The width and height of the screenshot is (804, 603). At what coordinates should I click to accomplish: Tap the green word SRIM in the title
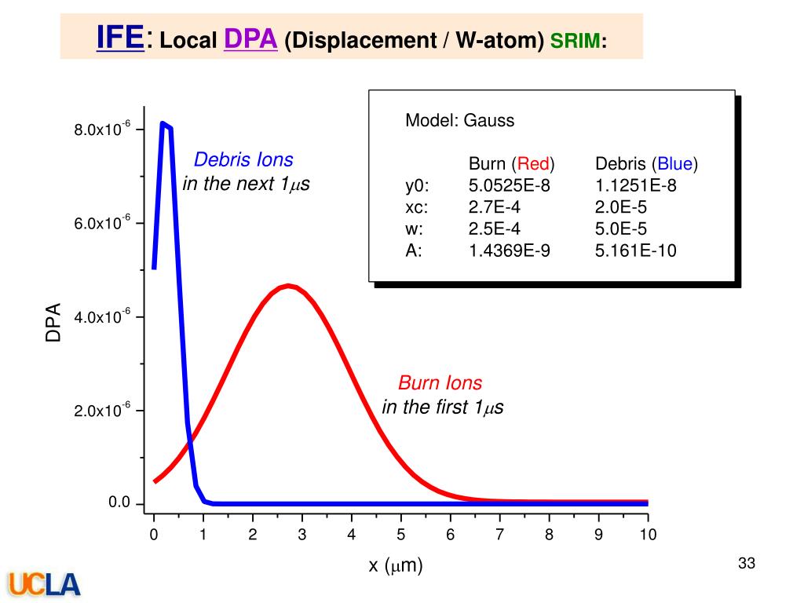coord(576,39)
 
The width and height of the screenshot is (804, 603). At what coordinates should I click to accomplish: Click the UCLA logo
coord(45,583)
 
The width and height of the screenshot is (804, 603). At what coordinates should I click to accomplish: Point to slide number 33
coord(746,563)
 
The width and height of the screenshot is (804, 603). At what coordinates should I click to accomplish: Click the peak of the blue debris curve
coord(163,123)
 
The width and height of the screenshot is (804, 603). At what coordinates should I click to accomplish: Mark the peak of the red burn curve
coord(289,286)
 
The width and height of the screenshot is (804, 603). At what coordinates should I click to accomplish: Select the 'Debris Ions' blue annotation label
coord(243,160)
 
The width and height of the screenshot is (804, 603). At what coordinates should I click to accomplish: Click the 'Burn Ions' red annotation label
coord(440,383)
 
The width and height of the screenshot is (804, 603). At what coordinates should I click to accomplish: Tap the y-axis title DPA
coord(53,323)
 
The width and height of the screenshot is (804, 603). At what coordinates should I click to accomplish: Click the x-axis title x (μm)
coord(396,565)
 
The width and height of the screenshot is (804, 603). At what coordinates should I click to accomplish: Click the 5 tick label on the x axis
coord(400,535)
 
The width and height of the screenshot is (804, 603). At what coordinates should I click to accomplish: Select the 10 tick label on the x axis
coord(648,535)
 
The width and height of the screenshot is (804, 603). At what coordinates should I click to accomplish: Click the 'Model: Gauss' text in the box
coord(459,121)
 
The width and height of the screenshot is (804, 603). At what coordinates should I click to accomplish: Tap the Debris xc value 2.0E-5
coord(626,207)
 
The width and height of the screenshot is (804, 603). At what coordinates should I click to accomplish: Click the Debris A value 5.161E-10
coord(635,250)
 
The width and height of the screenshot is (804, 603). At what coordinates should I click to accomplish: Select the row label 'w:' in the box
coord(415,229)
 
